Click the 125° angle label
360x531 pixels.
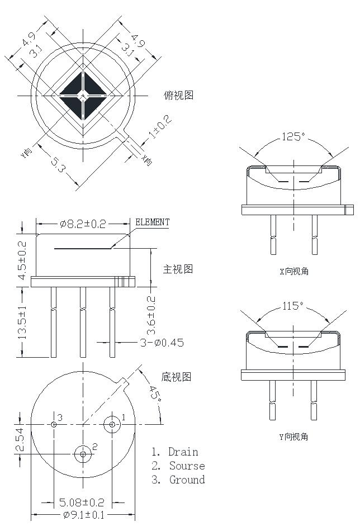[294, 137]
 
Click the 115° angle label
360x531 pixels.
[292, 306]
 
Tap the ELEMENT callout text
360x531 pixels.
[153, 222]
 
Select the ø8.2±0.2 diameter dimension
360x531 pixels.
[83, 224]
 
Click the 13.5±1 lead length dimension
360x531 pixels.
[23, 322]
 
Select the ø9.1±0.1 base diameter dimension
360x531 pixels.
[83, 515]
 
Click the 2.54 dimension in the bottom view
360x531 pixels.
[20, 439]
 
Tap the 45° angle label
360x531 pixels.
[155, 395]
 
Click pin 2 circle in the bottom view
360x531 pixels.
[83, 454]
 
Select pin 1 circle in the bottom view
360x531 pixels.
[112, 424]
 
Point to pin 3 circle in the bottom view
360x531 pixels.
[54, 424]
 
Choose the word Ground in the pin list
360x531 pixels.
[187, 480]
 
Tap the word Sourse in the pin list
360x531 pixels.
[187, 466]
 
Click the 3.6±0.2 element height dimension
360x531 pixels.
[151, 314]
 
